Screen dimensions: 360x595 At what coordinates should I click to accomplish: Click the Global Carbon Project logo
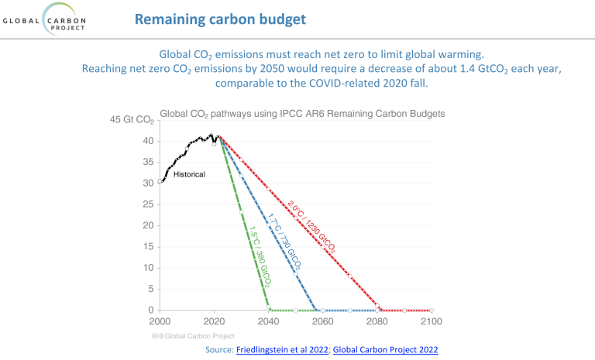[x=48, y=19]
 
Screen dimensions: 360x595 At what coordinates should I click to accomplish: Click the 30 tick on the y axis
[x=147, y=183]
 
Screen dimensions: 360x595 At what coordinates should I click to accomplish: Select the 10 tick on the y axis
[x=148, y=268]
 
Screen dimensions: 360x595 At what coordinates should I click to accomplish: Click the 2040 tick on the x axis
[x=268, y=321]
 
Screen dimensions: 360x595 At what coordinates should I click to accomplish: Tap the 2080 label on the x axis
[x=377, y=321]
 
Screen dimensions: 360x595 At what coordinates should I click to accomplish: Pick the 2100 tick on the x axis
[x=431, y=321]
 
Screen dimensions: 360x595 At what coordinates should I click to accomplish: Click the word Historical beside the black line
[x=189, y=175]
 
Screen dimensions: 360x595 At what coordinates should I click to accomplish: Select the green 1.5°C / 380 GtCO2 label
[x=253, y=246]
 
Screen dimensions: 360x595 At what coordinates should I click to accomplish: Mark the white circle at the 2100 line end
[x=432, y=310]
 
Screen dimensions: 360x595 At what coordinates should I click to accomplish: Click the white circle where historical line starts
[x=160, y=182]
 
